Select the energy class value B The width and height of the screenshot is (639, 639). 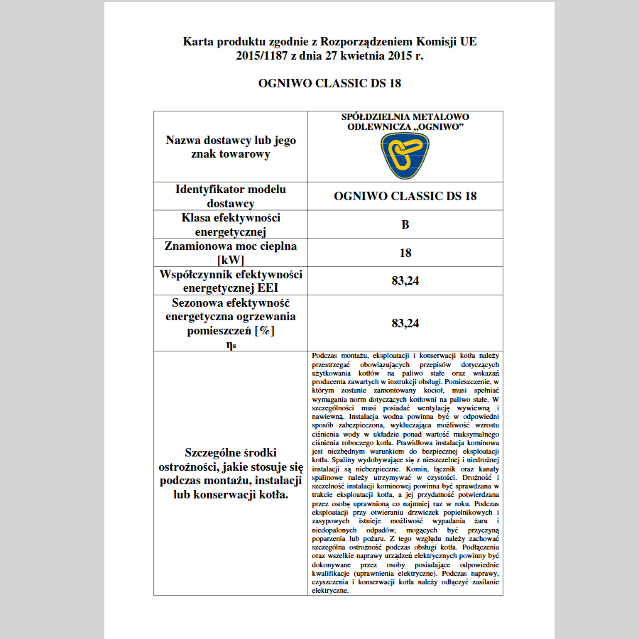tap(405, 224)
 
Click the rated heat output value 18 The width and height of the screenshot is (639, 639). tap(405, 253)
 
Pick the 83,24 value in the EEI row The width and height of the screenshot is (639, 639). tap(405, 281)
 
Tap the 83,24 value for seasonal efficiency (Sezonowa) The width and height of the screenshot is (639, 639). tap(405, 323)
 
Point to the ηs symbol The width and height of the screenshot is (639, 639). tap(231, 344)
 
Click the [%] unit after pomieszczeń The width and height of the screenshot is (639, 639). tap(265, 330)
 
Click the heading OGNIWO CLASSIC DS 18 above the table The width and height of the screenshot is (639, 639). tap(330, 84)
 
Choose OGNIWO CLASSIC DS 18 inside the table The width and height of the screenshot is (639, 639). tap(405, 197)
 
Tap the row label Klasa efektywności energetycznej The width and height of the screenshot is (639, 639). tap(231, 224)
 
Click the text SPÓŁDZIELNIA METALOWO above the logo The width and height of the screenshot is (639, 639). tap(405, 116)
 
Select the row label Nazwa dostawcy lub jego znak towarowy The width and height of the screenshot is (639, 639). tap(231, 147)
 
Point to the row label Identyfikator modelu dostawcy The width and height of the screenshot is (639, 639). tap(231, 196)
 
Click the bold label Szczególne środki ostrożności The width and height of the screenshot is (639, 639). tap(231, 453)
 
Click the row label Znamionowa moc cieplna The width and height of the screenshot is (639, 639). tap(231, 246)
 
